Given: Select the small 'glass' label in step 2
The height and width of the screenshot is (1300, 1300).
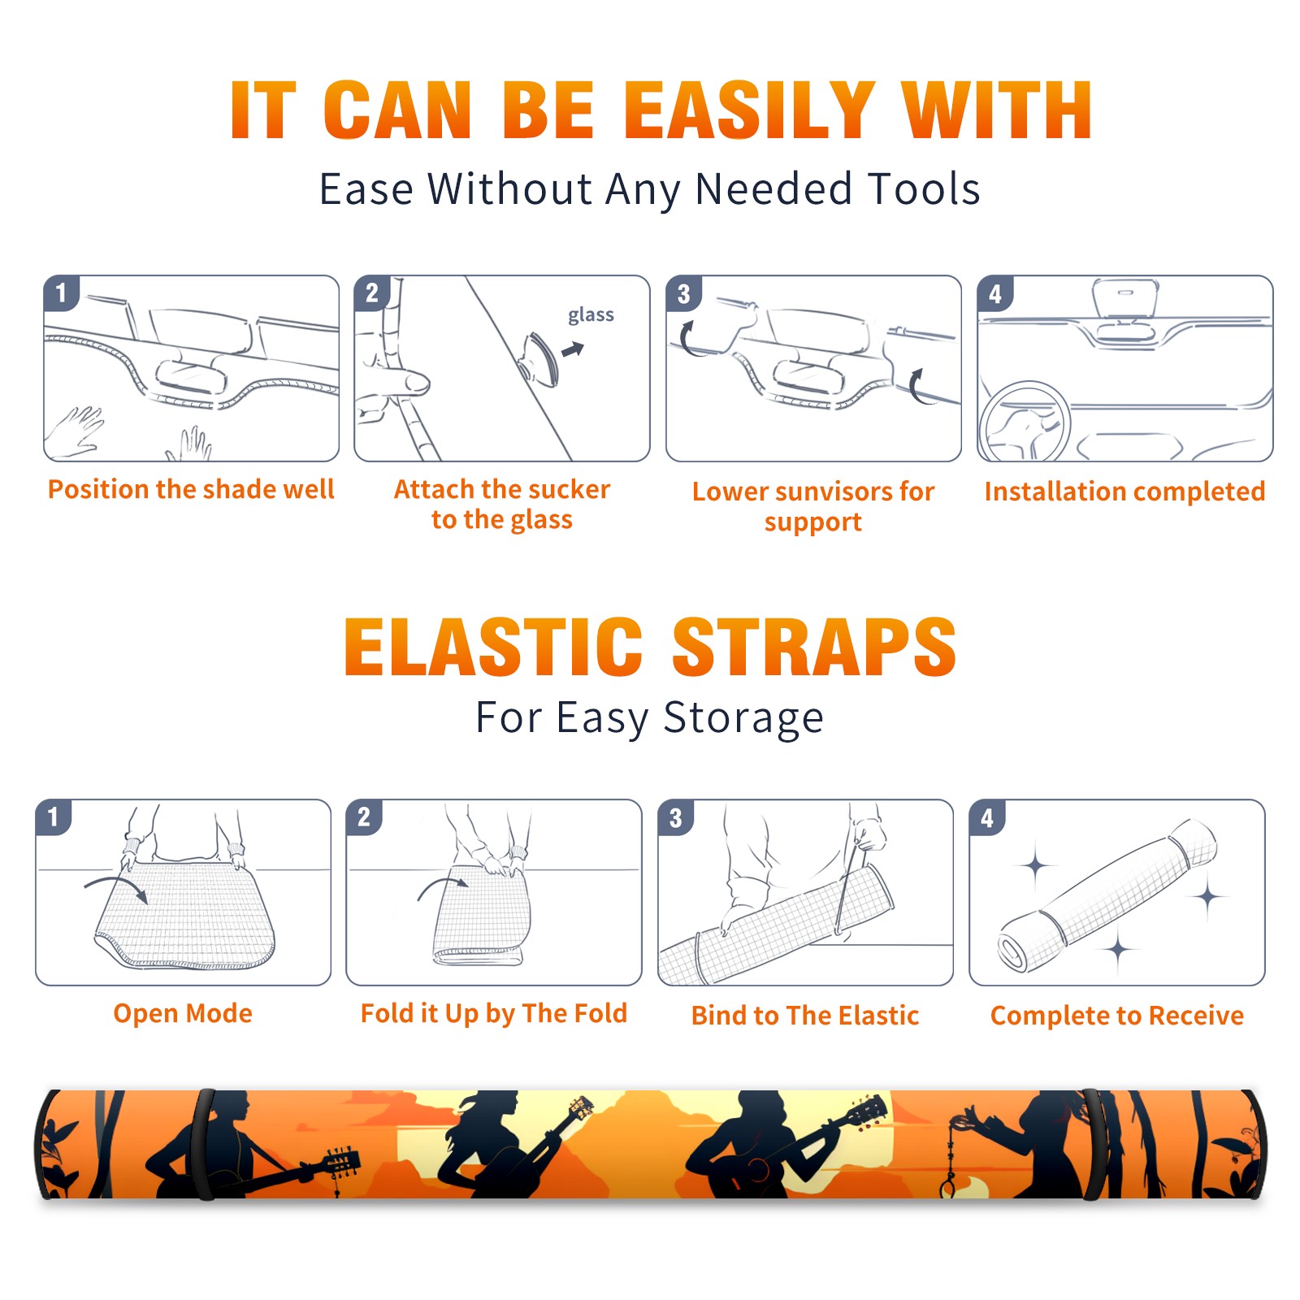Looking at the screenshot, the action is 591,314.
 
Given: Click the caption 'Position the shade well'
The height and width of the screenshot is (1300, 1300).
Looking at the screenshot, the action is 191,489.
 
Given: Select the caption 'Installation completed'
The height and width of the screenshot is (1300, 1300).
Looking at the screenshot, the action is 1124,492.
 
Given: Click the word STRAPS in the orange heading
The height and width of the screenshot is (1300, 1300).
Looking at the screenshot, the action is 814,647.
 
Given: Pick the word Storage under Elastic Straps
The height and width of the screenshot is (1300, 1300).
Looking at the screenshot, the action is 743,718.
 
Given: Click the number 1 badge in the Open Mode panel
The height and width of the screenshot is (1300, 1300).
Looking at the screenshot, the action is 54,817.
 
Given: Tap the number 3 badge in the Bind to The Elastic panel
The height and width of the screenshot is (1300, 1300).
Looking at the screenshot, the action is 676,817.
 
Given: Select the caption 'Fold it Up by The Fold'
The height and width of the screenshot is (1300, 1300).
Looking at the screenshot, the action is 494,1014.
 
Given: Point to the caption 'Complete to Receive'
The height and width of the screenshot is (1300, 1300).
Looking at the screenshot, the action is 1117,1016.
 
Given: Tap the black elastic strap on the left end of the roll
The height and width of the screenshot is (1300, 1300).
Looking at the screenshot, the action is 203,1144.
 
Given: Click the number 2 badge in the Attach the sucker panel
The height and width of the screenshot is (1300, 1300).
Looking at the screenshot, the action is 372,292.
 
